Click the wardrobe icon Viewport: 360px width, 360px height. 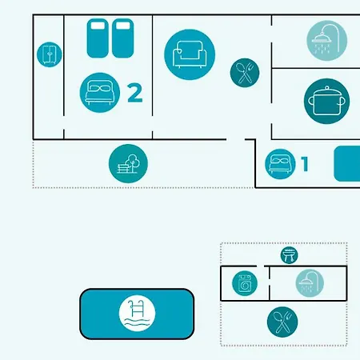[50, 54]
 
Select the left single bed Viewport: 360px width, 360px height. [98, 38]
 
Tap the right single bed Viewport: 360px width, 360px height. [122, 38]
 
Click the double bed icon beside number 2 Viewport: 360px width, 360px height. [100, 93]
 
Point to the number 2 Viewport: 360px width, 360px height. [135, 93]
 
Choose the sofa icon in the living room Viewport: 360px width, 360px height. [190, 54]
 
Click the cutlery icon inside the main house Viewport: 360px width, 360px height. [245, 73]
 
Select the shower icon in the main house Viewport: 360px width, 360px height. [327, 41]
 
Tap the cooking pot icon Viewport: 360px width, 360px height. [326, 101]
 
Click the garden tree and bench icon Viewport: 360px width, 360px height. [128, 163]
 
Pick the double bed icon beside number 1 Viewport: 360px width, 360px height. [280, 164]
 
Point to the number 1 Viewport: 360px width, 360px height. [305, 164]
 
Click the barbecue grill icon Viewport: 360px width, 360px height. [290, 255]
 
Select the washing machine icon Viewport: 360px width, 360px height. [245, 283]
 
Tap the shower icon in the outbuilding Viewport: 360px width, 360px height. [310, 283]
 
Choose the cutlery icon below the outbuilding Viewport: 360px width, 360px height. [282, 322]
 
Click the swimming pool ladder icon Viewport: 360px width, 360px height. [137, 314]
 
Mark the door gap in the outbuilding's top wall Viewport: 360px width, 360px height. [261, 266]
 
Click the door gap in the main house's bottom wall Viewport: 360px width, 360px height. [236, 139]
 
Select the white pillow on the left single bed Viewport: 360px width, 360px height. [98, 26]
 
